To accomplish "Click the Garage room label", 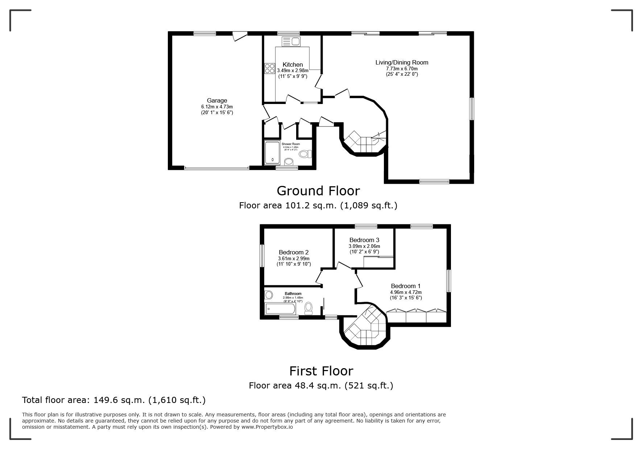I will click(217, 100).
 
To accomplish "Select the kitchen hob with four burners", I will click(269, 68).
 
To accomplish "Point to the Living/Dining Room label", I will click(402, 62).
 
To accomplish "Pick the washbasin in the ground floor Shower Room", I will click(289, 161).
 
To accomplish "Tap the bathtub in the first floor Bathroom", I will click(280, 309).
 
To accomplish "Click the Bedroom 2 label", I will click(294, 252).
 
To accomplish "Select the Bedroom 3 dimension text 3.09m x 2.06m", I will click(364, 246).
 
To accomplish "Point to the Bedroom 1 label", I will click(406, 286).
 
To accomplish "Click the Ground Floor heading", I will click(318, 191).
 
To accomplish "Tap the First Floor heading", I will click(321, 371).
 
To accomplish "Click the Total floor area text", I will click(114, 400).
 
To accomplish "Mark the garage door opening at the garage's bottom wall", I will click(216, 168).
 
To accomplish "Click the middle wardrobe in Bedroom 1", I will click(416, 316).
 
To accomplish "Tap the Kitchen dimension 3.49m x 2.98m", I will click(293, 70).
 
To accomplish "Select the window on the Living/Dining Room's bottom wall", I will click(434, 181).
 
